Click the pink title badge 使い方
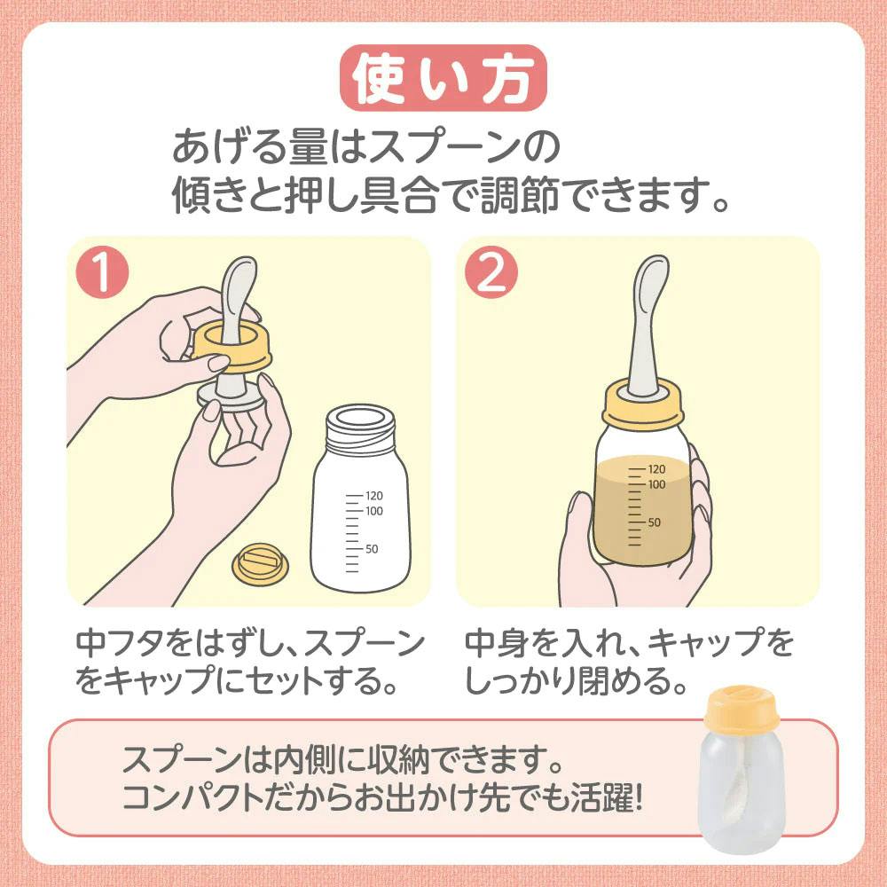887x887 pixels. point(443,77)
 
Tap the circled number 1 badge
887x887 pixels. point(102,272)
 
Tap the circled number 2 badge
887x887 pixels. point(491,272)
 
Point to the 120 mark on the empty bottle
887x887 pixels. point(374,496)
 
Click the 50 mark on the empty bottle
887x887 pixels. point(372,549)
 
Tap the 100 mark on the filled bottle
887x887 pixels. point(656,484)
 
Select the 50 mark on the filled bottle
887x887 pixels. point(654,522)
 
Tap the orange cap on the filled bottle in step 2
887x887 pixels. point(642,404)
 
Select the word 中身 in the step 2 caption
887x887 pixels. point(498,643)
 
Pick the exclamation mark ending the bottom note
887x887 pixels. point(639,797)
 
